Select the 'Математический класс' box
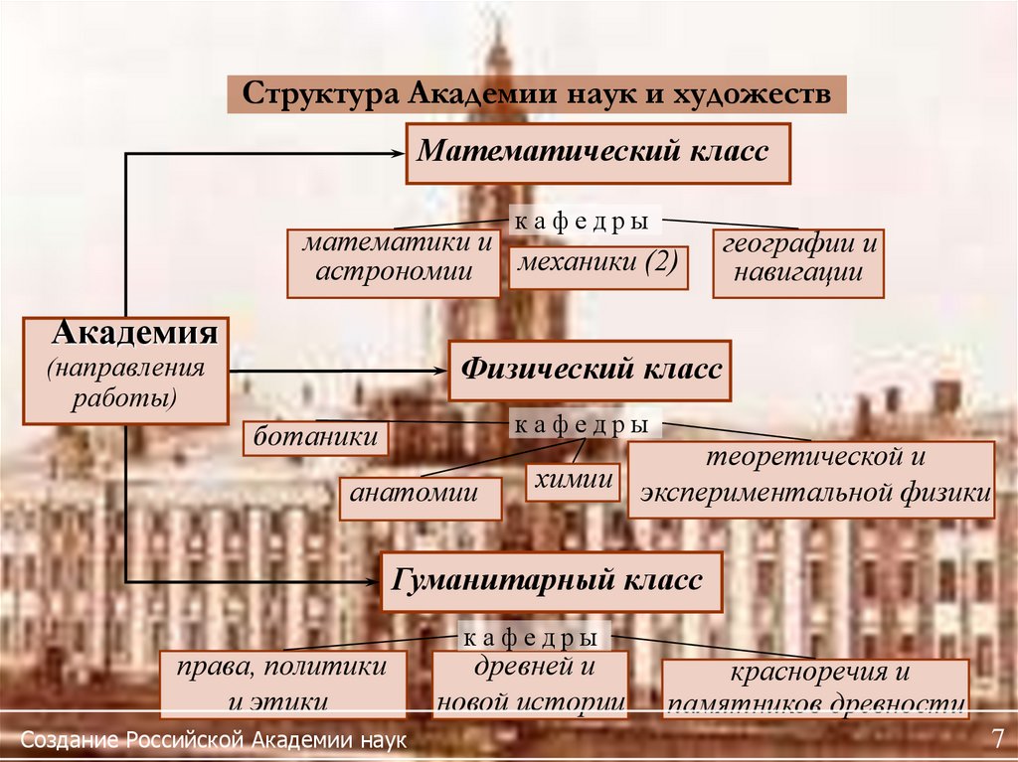[x=597, y=153]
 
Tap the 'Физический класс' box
[x=590, y=371]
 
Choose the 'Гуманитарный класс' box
[x=551, y=581]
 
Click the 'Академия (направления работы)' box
[x=126, y=368]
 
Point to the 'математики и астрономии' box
[x=394, y=262]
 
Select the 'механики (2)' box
[x=598, y=266]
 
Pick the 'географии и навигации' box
[x=798, y=263]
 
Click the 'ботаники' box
[x=316, y=437]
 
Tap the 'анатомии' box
[x=421, y=492]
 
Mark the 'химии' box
[x=573, y=481]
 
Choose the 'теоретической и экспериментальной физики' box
[x=810, y=479]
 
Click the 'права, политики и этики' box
[x=283, y=685]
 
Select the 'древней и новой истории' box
[x=530, y=685]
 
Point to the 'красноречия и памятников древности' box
[x=814, y=687]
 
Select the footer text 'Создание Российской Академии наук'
[x=214, y=741]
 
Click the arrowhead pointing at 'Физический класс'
[x=439, y=371]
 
